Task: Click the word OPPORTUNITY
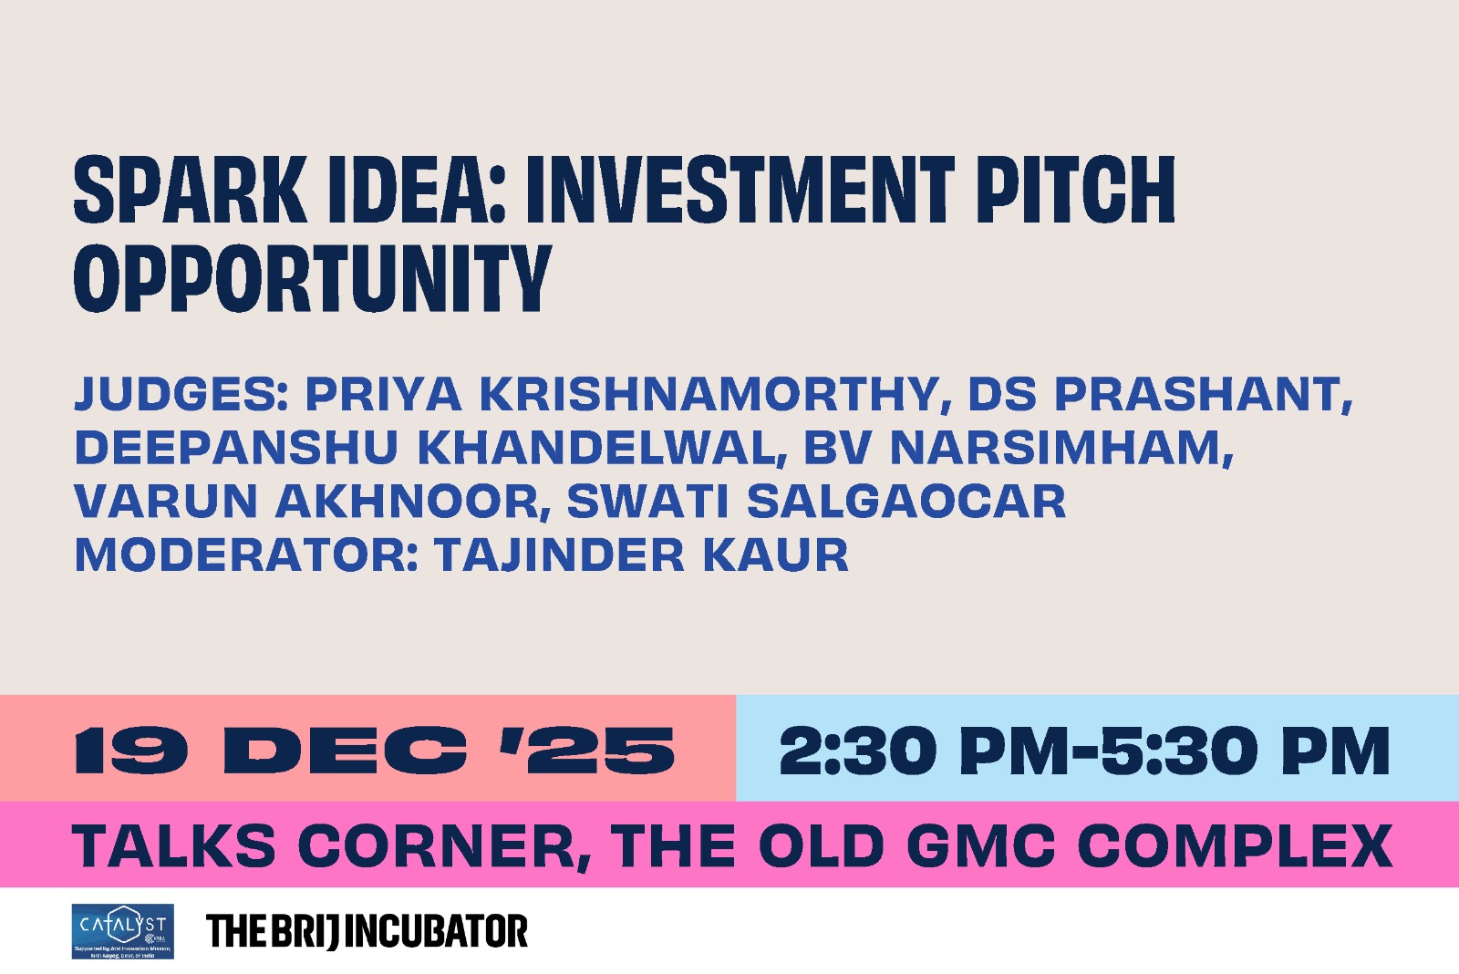312,279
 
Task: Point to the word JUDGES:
181,394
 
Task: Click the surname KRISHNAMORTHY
709,394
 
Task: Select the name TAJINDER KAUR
641,555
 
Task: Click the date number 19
131,751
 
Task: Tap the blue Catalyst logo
122,931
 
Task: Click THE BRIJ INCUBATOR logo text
367,931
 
